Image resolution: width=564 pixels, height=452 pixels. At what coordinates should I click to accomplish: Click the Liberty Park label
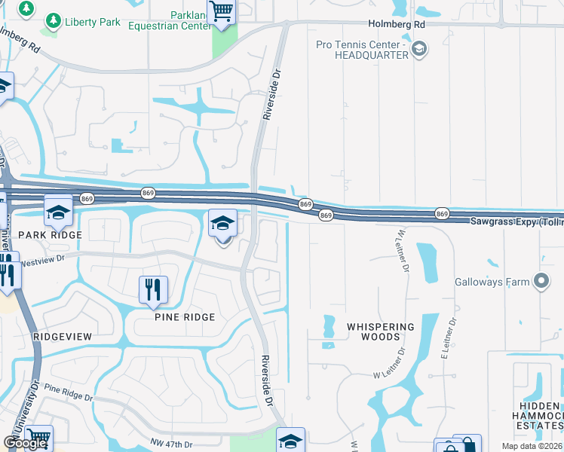[93, 22]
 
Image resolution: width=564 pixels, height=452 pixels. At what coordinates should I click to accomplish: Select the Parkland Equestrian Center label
[170, 20]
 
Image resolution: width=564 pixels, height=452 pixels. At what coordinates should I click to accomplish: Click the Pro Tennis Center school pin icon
[419, 50]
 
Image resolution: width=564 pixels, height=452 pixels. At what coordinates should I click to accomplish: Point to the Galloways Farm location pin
[541, 282]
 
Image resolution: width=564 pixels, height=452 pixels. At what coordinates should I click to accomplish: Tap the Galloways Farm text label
[492, 283]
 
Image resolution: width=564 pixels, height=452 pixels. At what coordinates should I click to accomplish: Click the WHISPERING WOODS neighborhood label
[381, 331]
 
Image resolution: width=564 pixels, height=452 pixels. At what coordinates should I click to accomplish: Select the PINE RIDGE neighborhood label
[185, 317]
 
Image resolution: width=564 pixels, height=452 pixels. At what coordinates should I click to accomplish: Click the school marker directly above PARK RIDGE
[57, 212]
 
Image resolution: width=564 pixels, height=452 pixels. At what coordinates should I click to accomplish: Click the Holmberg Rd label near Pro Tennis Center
[397, 25]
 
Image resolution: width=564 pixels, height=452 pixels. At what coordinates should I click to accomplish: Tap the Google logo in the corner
[26, 443]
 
